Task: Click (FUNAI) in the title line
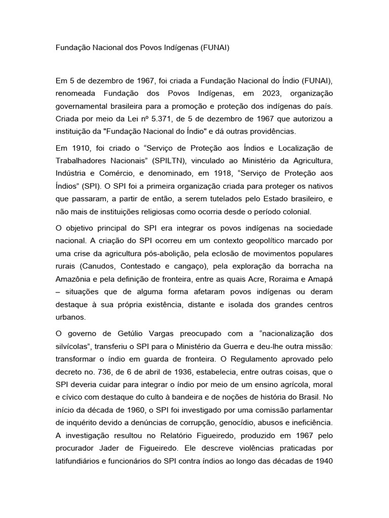(215, 48)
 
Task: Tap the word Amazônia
(75, 279)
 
